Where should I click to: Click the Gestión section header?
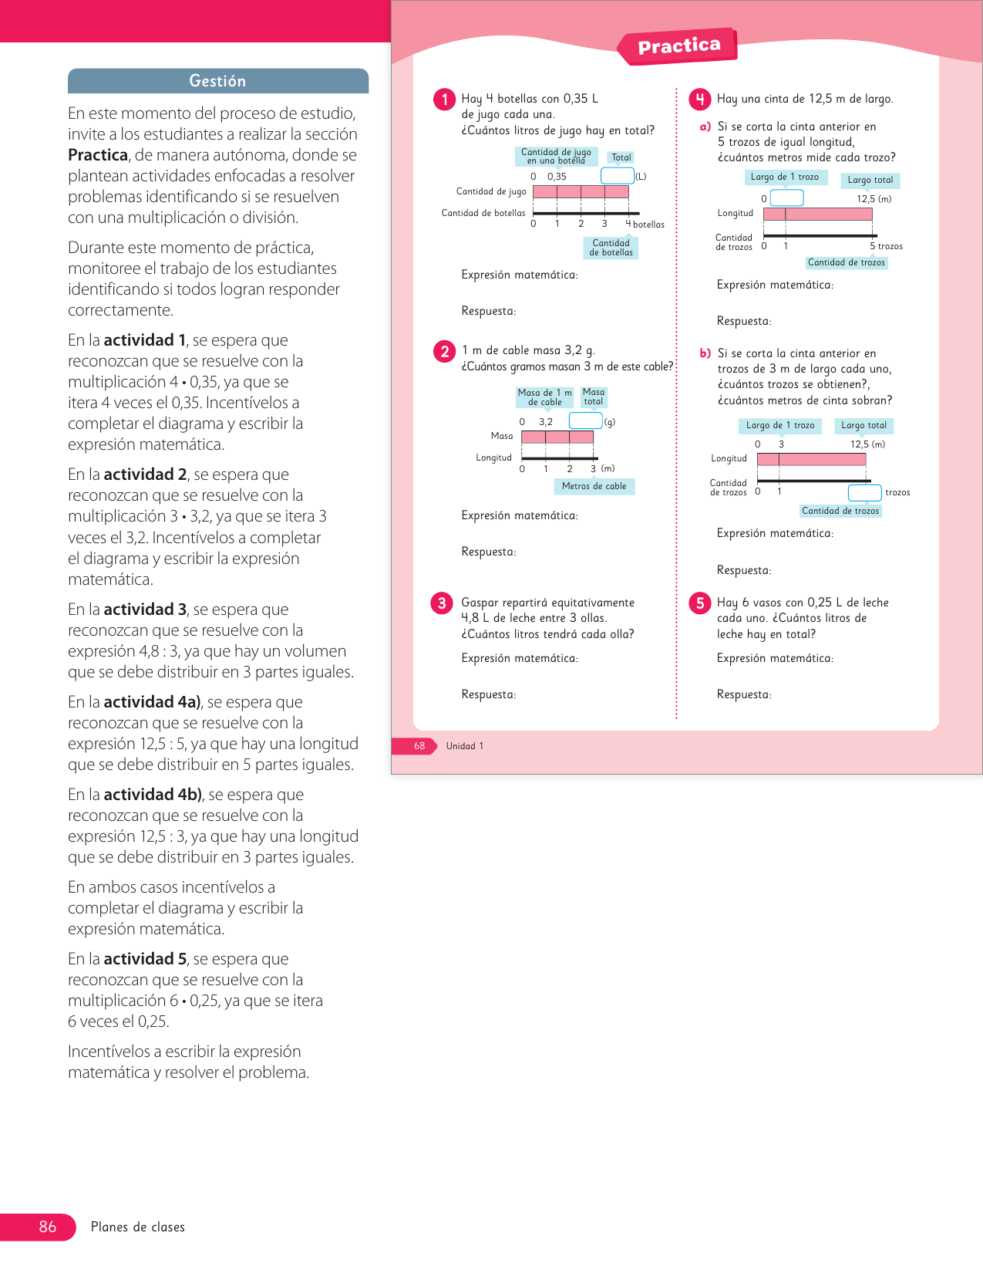217,81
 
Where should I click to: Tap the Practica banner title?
678,46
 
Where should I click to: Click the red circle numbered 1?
444,100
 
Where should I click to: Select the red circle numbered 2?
444,352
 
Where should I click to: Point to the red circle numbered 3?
442,603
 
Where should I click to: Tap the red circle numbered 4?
699,99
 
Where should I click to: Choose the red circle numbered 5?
699,603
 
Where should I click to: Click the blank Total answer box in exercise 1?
617,176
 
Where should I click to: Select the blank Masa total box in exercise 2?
585,420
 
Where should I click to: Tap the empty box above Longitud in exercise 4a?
786,198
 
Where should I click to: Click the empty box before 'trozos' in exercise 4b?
864,492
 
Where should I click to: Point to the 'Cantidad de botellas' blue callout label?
611,248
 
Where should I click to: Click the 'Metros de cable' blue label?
594,486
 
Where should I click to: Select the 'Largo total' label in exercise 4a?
870,180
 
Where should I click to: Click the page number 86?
48,1227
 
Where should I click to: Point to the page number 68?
419,746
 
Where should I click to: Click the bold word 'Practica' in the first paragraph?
98,155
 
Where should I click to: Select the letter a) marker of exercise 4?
705,127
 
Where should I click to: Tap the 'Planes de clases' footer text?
138,1227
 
